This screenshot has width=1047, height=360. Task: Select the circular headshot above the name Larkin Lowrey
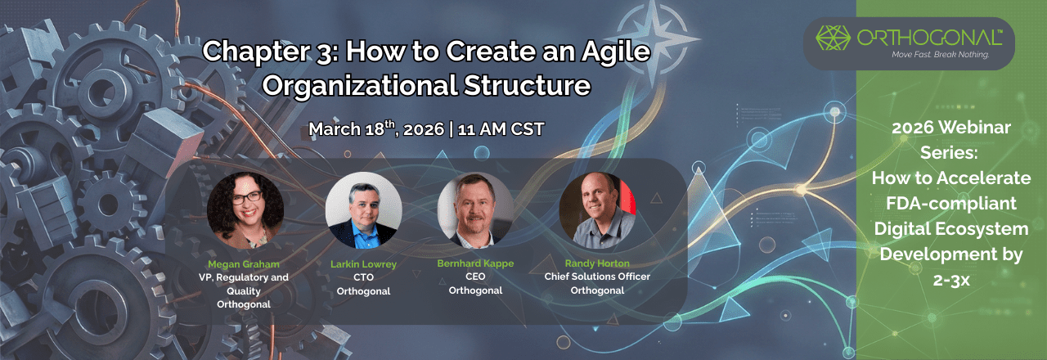pyautogui.click(x=364, y=210)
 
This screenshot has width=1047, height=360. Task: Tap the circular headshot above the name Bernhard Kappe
pyautogui.click(x=475, y=210)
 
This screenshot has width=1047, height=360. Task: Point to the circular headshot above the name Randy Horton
pyautogui.click(x=597, y=210)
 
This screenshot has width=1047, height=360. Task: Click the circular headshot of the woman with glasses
pyautogui.click(x=245, y=210)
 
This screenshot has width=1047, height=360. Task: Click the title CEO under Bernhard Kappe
pyautogui.click(x=474, y=277)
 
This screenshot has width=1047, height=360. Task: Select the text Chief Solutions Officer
pyautogui.click(x=597, y=277)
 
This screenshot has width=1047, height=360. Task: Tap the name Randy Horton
pyautogui.click(x=597, y=263)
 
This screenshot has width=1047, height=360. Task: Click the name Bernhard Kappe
pyautogui.click(x=474, y=263)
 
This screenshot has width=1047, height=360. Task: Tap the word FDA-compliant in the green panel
pyautogui.click(x=950, y=201)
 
